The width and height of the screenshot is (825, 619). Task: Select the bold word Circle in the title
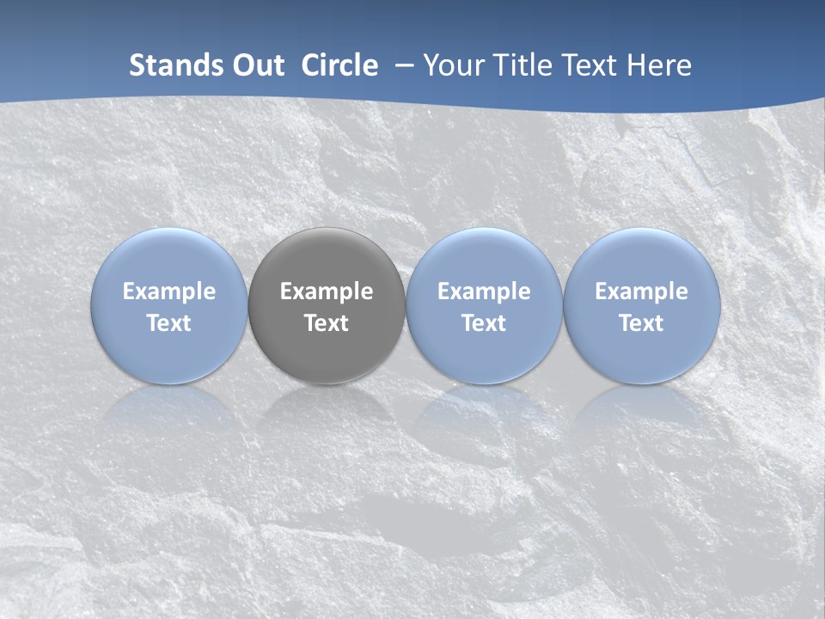[x=339, y=65]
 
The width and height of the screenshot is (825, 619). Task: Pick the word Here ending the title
[x=659, y=65]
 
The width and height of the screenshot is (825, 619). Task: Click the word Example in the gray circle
[x=327, y=291]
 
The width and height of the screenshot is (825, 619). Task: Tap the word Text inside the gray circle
[x=327, y=323]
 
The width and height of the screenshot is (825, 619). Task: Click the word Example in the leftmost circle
[x=168, y=291]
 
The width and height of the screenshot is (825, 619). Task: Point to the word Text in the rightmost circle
[x=642, y=323]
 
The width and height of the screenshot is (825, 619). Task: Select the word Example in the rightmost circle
[x=642, y=291]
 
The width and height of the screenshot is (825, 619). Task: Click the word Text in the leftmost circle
[x=168, y=323]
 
